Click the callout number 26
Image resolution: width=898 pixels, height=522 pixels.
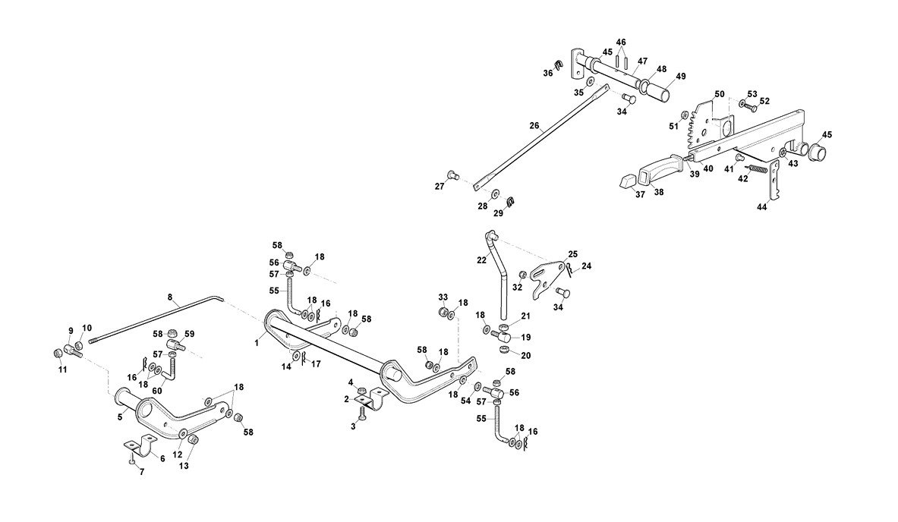(x=534, y=126)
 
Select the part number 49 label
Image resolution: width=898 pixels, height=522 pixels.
(x=681, y=76)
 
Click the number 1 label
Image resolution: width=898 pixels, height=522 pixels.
(x=257, y=343)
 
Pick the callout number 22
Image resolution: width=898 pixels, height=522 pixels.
(x=481, y=259)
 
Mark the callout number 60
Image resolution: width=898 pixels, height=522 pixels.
(x=158, y=391)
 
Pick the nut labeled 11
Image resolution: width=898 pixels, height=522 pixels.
(x=59, y=354)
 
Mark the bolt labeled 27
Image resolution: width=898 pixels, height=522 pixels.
(x=451, y=175)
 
